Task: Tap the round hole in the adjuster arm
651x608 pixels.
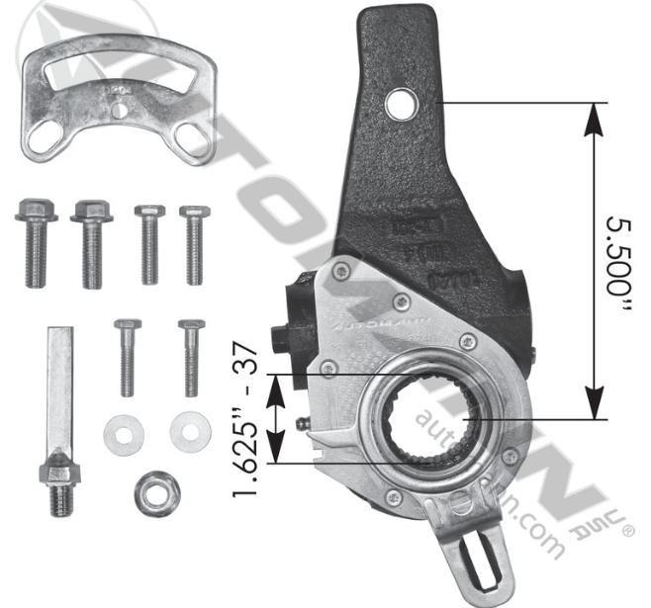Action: (402, 100)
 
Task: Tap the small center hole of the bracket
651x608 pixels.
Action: (119, 111)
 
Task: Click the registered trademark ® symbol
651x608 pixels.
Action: (626, 531)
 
